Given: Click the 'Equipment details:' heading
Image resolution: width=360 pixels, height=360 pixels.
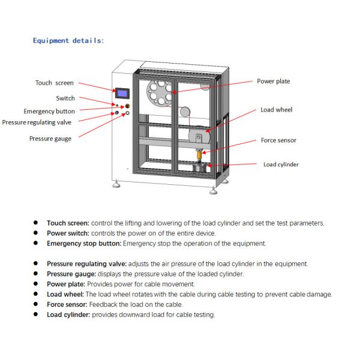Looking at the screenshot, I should pyautogui.click(x=68, y=41).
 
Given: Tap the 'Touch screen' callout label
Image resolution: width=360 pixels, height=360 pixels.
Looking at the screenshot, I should pyautogui.click(x=55, y=83).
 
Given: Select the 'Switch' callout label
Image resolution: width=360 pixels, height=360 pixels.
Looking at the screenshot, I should pyautogui.click(x=65, y=98).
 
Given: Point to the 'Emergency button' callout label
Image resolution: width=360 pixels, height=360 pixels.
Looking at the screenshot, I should pyautogui.click(x=49, y=111).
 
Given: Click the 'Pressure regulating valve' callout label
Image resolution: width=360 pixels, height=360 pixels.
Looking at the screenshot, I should pyautogui.click(x=37, y=122).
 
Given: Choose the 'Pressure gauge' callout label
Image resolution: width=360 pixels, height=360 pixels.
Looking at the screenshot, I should pyautogui.click(x=50, y=139).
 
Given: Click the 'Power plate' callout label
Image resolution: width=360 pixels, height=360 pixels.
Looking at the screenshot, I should pyautogui.click(x=274, y=81).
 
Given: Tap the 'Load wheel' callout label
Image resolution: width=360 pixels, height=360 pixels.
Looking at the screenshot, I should pyautogui.click(x=276, y=110).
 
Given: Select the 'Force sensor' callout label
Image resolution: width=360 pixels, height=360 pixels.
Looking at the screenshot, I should pyautogui.click(x=278, y=140).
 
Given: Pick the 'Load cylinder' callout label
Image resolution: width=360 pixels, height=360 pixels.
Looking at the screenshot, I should pyautogui.click(x=281, y=164).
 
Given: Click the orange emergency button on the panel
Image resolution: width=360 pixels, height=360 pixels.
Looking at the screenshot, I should pyautogui.click(x=126, y=106).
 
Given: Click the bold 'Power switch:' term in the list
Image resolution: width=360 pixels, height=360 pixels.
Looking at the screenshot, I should pyautogui.click(x=68, y=233).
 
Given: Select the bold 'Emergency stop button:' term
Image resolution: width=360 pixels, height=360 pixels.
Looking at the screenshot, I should pyautogui.click(x=84, y=244).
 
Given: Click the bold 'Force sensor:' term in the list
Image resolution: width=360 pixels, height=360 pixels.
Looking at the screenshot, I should pyautogui.click(x=68, y=304).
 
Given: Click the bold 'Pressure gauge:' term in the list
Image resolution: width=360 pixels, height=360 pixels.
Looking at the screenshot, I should pyautogui.click(x=71, y=274).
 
